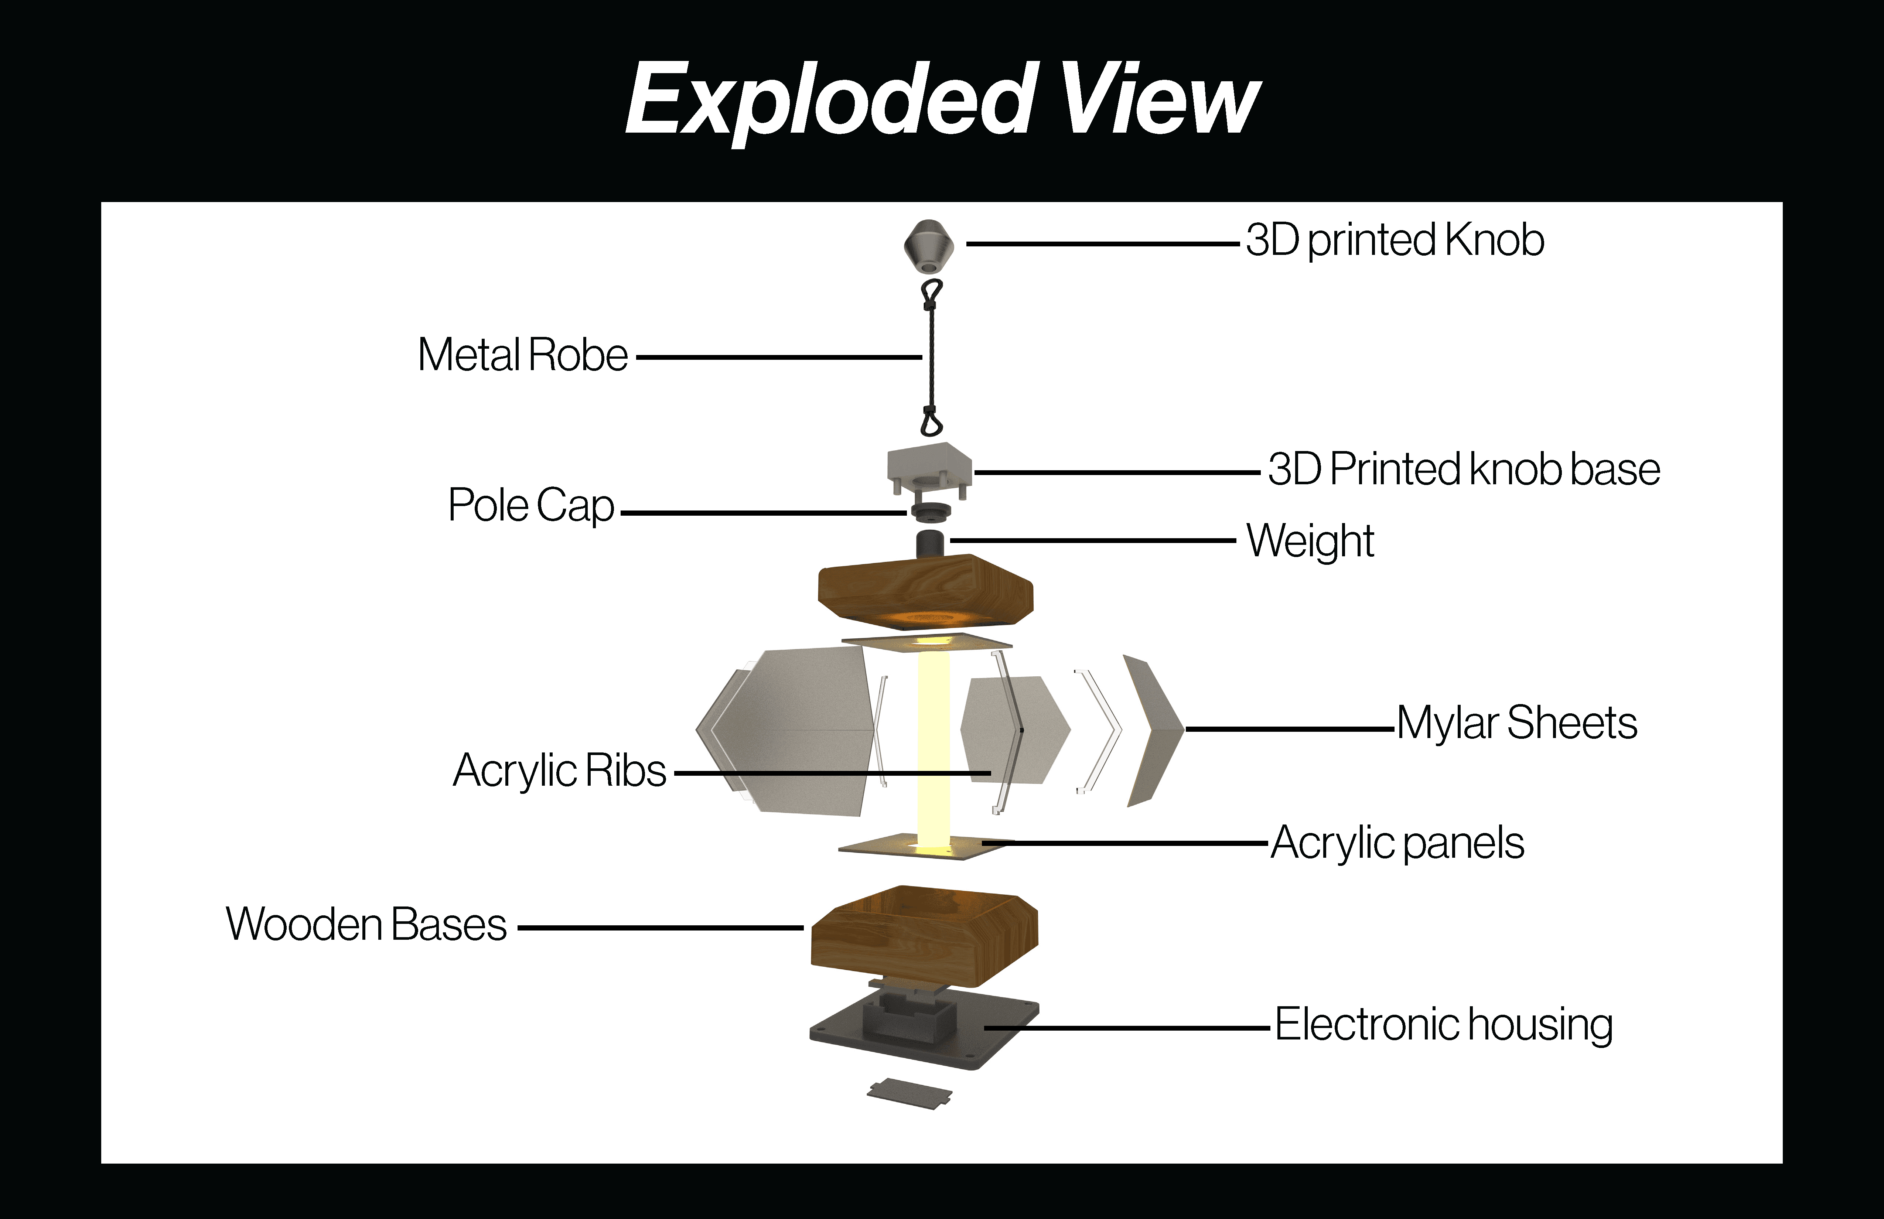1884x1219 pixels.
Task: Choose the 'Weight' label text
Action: click(x=1310, y=542)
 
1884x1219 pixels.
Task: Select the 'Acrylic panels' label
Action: click(x=1397, y=843)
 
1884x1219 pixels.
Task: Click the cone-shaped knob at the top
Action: click(x=929, y=245)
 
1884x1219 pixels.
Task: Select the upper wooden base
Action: click(x=925, y=590)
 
